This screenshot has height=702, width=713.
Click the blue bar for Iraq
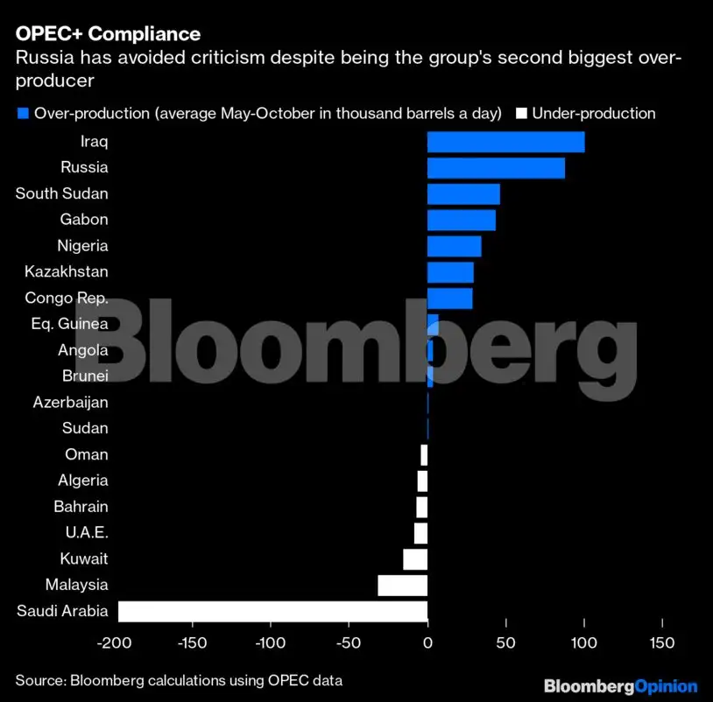[505, 142]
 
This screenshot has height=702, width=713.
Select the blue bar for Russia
[496, 168]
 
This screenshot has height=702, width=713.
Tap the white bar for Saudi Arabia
[272, 611]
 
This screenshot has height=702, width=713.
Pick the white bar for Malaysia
[402, 585]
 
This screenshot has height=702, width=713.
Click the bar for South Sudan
[463, 193]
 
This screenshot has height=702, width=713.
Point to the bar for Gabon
[461, 220]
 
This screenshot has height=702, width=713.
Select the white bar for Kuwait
[415, 558]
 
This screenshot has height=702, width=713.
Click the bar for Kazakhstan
[450, 272]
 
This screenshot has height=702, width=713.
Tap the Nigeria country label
[82, 246]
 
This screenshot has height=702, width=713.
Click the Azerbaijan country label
[70, 403]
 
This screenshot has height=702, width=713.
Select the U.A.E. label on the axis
[87, 532]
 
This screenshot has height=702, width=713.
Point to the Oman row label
[87, 454]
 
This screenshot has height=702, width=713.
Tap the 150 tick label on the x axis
[662, 644]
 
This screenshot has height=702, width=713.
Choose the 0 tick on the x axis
[427, 644]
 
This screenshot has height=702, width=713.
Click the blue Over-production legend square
[23, 113]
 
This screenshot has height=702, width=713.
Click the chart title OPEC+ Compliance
[108, 34]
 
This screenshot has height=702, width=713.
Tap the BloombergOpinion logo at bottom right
[620, 685]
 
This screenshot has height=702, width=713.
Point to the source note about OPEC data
[179, 680]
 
